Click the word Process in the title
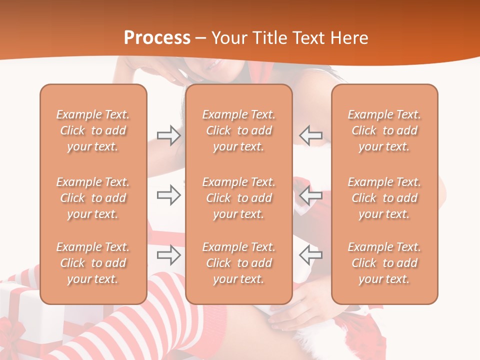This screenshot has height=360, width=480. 157,38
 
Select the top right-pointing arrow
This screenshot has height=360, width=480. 168,135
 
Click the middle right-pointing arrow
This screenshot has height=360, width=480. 168,195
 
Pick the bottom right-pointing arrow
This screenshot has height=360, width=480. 168,255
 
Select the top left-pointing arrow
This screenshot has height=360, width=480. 310,135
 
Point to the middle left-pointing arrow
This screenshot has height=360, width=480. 310,195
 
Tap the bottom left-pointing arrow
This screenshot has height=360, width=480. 310,255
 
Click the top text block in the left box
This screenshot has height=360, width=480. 93,130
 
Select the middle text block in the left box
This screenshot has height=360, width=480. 93,198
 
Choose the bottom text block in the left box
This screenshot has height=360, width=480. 93,263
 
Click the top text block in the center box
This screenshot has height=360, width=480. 238,130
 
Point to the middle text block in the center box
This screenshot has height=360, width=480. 238,198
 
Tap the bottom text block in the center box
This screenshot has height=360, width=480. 238,263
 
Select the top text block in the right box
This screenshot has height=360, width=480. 384,130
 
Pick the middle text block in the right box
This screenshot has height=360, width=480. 384,198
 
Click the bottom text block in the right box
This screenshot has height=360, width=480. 384,263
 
